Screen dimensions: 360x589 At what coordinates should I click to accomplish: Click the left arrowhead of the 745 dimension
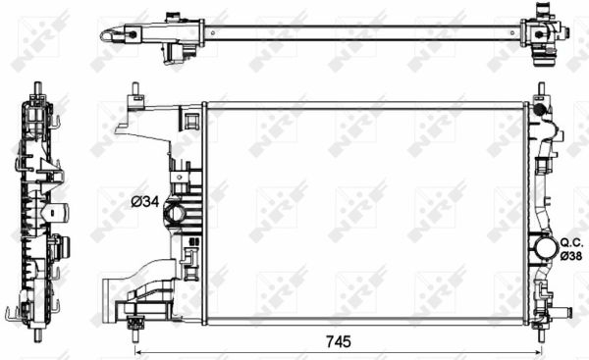(136, 351)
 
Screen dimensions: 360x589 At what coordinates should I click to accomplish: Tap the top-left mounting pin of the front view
(133, 94)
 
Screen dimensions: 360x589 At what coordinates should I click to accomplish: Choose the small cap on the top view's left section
(174, 17)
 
